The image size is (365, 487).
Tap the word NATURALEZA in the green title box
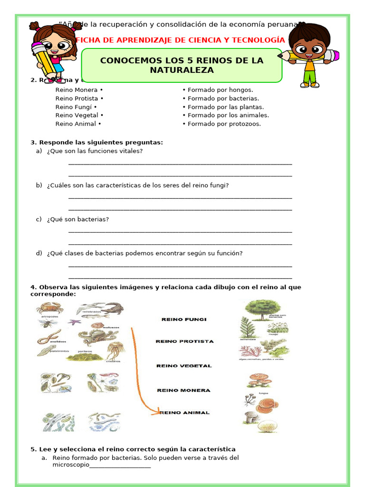point(182,70)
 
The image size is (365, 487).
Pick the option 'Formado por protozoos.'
point(224,124)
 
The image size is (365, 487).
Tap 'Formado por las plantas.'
point(225,107)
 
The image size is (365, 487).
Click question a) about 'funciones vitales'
point(95,151)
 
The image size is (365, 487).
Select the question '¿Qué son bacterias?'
point(78,219)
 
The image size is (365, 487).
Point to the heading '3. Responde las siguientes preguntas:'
point(96,142)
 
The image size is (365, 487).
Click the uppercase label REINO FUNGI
point(184,320)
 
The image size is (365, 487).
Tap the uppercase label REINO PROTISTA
point(185,341)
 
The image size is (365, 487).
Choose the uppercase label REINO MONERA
point(183,390)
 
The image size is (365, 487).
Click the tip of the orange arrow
point(159,412)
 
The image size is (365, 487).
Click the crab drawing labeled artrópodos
point(47,308)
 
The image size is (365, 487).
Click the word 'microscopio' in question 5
point(71,465)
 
